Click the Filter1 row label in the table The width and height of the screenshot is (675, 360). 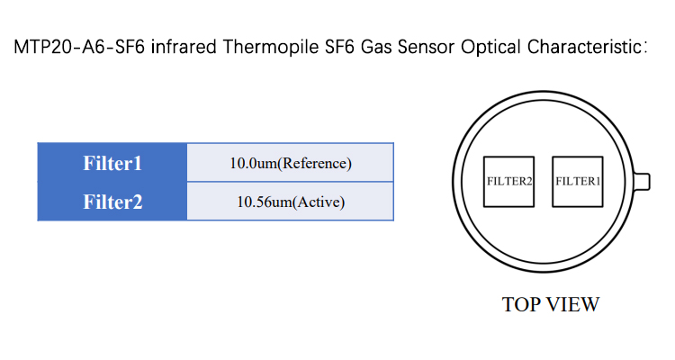[x=112, y=163]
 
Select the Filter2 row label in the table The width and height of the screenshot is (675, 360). [x=112, y=202]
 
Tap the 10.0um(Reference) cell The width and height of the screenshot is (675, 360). [x=291, y=163]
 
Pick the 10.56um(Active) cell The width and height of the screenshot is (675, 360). [x=291, y=202]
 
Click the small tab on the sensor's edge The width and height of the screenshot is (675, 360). [x=642, y=181]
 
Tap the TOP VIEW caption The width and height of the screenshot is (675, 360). [x=551, y=304]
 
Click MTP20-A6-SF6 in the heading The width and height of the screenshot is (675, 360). [x=79, y=47]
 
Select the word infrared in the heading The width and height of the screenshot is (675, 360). [x=184, y=47]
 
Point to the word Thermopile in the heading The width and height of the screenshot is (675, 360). [x=271, y=48]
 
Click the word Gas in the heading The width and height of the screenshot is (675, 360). [x=376, y=47]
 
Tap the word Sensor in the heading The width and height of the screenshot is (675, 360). [x=426, y=47]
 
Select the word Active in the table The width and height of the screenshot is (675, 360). [x=319, y=202]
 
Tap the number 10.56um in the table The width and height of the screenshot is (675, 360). [x=264, y=202]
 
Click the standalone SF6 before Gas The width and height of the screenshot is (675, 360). [x=339, y=47]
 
